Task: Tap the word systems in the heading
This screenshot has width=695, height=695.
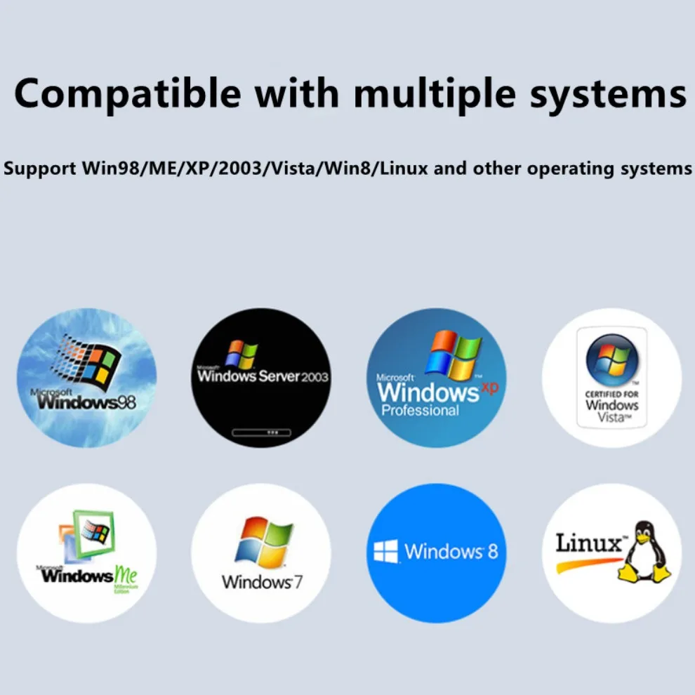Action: pos(608,93)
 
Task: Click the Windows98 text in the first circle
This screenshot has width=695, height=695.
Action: pos(87,402)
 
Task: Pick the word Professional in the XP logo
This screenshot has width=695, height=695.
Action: pos(420,410)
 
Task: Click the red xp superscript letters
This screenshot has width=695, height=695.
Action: pos(489,387)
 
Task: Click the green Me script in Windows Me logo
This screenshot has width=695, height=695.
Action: pos(126,576)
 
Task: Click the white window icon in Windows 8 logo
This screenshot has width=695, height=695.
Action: pos(385,551)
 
